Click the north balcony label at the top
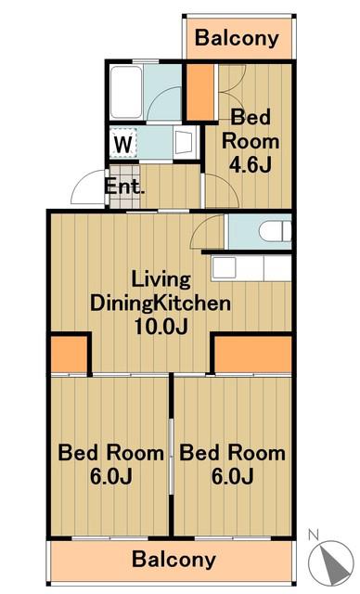pyautogui.click(x=237, y=39)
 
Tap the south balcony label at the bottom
pyautogui.click(x=174, y=560)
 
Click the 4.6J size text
pyautogui.click(x=251, y=164)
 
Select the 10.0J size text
pyautogui.click(x=161, y=326)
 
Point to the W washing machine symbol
pyautogui.click(x=123, y=144)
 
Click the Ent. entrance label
pyautogui.click(x=124, y=187)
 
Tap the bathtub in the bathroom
pyautogui.click(x=126, y=92)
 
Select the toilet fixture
pyautogui.click(x=276, y=231)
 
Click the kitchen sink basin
pyautogui.click(x=224, y=268)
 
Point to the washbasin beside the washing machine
pyautogui.click(x=185, y=143)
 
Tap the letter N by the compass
pyautogui.click(x=313, y=535)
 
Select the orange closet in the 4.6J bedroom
pyautogui.click(x=200, y=92)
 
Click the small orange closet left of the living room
pyautogui.click(x=70, y=354)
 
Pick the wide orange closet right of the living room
pyautogui.click(x=253, y=354)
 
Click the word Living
pyautogui.click(x=161, y=280)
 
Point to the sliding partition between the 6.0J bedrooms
pyautogui.click(x=171, y=457)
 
